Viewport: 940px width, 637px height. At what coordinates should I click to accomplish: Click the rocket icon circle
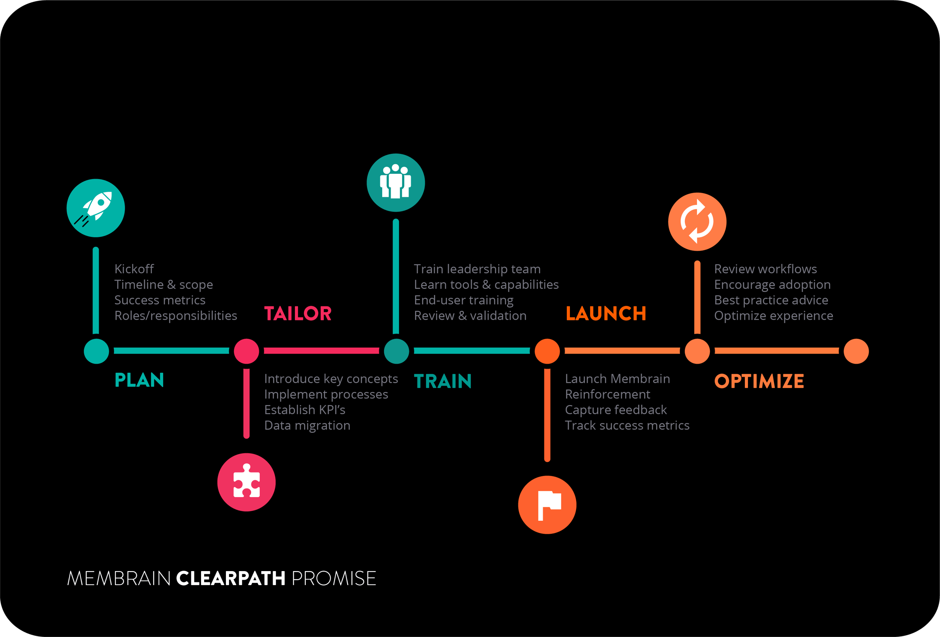click(x=95, y=208)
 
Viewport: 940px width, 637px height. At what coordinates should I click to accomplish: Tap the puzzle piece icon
click(x=246, y=482)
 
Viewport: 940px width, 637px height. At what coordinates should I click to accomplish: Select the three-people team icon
click(x=395, y=182)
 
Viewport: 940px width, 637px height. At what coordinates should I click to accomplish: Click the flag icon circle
click(x=547, y=505)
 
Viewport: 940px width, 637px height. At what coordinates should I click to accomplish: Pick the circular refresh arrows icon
click(x=697, y=222)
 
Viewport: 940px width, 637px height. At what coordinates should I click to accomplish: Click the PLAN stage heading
click(x=139, y=380)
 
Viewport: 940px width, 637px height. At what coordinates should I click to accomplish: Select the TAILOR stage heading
click(x=298, y=314)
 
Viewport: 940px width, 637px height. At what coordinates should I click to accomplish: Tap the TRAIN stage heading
click(x=443, y=381)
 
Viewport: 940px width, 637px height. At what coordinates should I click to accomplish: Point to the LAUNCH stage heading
click(x=605, y=314)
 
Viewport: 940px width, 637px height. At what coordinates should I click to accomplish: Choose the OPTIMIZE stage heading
click(x=759, y=381)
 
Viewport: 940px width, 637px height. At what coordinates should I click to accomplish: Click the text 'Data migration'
click(x=307, y=425)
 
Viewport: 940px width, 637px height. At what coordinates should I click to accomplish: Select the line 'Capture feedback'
click(x=615, y=410)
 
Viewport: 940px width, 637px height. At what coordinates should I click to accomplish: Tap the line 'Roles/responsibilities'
click(x=176, y=316)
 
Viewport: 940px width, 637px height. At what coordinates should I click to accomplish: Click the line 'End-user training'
click(x=464, y=300)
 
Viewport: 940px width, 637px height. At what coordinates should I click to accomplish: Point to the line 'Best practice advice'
click(x=771, y=300)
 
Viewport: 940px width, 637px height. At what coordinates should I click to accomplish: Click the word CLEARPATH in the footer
click(x=231, y=578)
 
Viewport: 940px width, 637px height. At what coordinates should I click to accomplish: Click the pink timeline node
click(x=246, y=351)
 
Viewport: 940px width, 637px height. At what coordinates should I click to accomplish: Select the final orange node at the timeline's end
click(x=856, y=351)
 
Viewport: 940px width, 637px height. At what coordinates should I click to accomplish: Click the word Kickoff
click(x=134, y=269)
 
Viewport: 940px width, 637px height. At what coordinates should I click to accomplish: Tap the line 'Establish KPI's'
click(x=305, y=410)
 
